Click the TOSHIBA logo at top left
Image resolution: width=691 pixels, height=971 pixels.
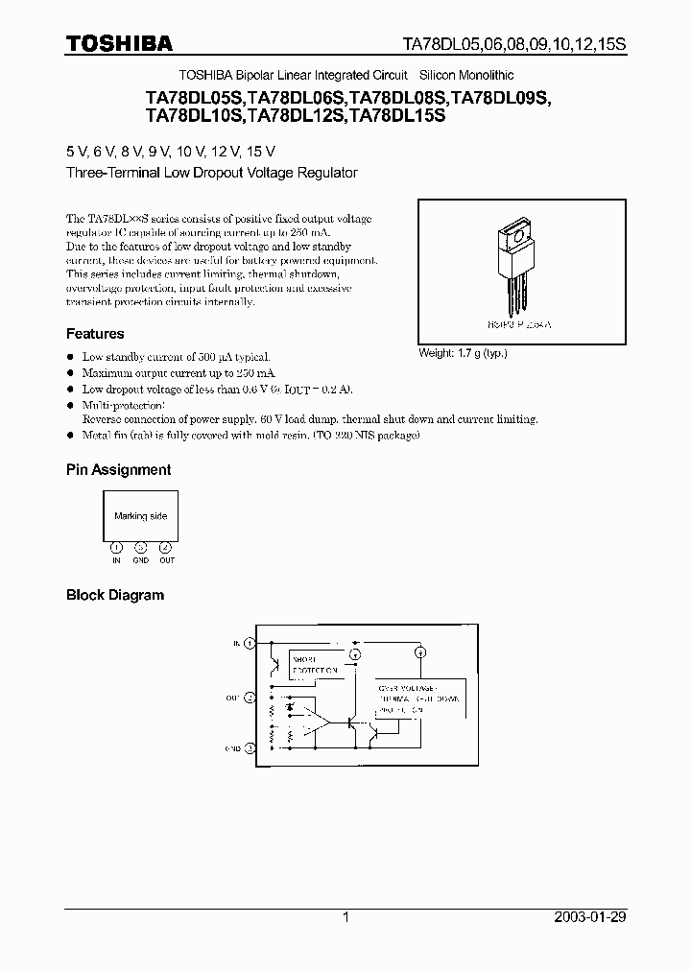coord(119,43)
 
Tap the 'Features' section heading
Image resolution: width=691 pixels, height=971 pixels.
coord(95,334)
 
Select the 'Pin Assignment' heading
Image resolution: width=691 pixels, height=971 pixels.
coord(118,469)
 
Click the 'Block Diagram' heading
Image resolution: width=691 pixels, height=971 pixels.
coord(114,595)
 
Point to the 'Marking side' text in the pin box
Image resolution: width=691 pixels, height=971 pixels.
coord(140,516)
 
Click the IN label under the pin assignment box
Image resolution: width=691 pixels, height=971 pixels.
coord(116,560)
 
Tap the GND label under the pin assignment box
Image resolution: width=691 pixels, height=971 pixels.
coord(140,560)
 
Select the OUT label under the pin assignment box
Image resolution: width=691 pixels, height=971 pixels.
coord(166,560)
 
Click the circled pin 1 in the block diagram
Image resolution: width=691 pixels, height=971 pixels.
coord(250,643)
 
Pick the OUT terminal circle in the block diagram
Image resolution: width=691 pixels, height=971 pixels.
coord(250,699)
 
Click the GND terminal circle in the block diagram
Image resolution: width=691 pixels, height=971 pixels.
coord(250,747)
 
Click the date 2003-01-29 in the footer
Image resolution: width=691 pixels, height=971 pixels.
coord(589,917)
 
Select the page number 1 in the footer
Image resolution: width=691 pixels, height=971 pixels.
coord(345,917)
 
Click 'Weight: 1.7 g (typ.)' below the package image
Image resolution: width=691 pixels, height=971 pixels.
coord(463,353)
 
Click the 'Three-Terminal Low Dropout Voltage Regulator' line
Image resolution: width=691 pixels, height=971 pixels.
coord(211,173)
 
